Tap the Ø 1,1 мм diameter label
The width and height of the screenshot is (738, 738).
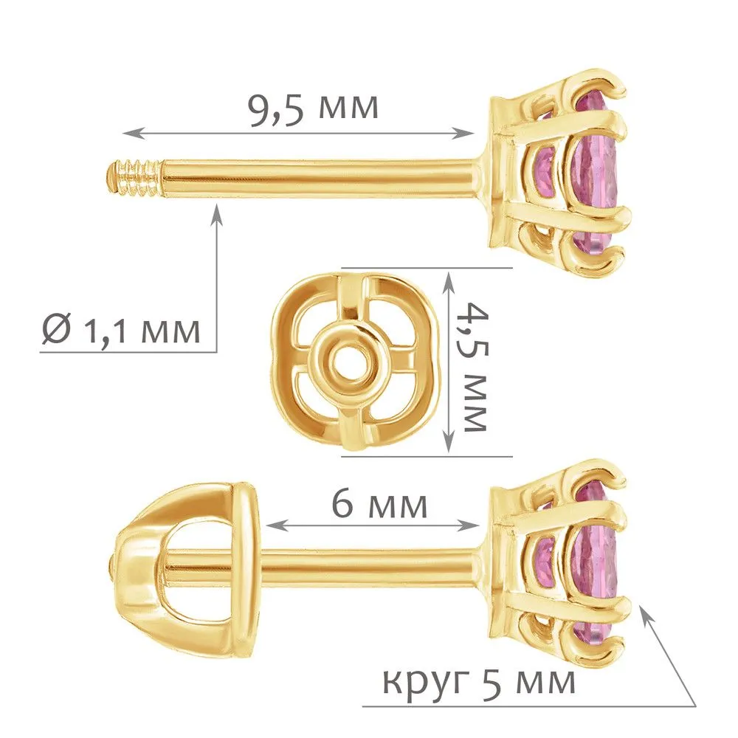121,329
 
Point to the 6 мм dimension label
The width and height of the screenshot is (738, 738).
380,504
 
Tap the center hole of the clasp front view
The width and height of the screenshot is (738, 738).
351,363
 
